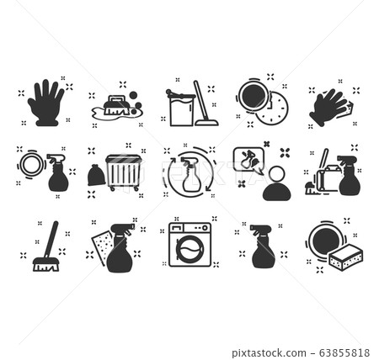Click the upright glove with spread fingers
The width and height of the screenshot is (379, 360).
tap(44, 103)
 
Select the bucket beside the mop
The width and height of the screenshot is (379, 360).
tap(181, 109)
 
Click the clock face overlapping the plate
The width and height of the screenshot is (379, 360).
tap(273, 109)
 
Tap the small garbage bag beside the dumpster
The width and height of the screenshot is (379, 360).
tap(95, 175)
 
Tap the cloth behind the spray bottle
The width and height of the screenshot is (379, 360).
tap(104, 244)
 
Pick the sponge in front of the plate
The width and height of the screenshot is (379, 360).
tap(345, 257)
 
